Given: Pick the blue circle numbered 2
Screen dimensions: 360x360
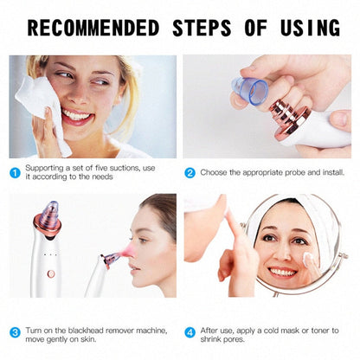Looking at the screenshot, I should (190, 171).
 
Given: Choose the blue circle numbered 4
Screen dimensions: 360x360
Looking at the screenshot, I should (190, 331).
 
